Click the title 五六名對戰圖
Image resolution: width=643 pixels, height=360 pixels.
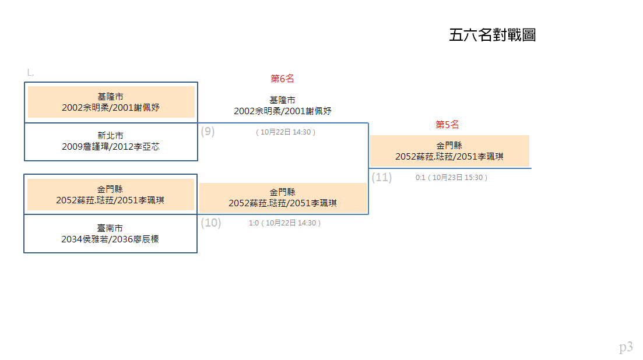coord(492,35)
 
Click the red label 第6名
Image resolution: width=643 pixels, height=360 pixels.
coord(282,78)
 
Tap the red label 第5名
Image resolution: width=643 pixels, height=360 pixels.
coord(447,125)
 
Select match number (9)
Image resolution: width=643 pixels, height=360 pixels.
coord(208,132)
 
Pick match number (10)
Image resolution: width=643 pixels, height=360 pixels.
coord(211,223)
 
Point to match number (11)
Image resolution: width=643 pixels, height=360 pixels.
coord(382,177)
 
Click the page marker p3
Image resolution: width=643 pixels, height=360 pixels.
coord(626,347)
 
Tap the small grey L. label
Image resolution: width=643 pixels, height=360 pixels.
coord(30,73)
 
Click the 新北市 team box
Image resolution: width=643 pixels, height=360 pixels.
coord(111,142)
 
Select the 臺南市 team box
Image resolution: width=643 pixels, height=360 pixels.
coord(110,234)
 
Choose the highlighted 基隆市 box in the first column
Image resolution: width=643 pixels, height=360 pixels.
coord(111,102)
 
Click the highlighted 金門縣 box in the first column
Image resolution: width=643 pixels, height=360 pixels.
coord(111,195)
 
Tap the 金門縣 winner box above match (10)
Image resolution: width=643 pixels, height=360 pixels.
coord(283,198)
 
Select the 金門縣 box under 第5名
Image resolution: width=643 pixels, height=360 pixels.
coord(449,151)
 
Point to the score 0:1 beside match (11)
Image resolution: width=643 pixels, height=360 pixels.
coord(420,178)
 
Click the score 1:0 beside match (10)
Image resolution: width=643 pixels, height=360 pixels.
coord(254,223)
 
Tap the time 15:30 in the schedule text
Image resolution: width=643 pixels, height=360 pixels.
coord(473,178)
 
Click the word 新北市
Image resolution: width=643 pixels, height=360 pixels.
coord(110,136)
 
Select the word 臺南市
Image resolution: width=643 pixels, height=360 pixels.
coord(110,228)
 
